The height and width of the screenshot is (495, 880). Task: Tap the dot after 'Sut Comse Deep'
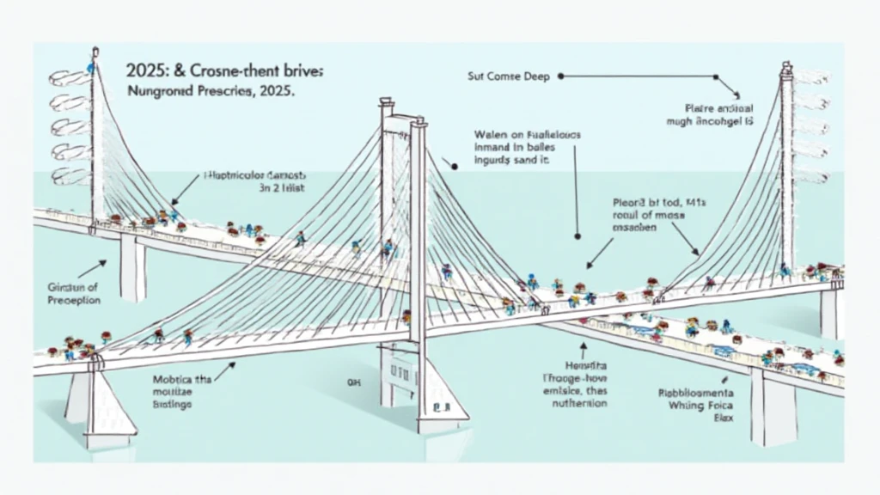pos(560,76)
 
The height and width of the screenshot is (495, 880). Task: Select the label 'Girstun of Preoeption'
pos(74,294)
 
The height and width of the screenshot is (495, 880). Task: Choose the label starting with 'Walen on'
pos(515,147)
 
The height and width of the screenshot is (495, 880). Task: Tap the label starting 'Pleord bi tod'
pos(647,217)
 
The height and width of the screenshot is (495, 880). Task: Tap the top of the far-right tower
pos(786,67)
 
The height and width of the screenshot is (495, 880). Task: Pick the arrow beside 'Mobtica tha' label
pos(225,371)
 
